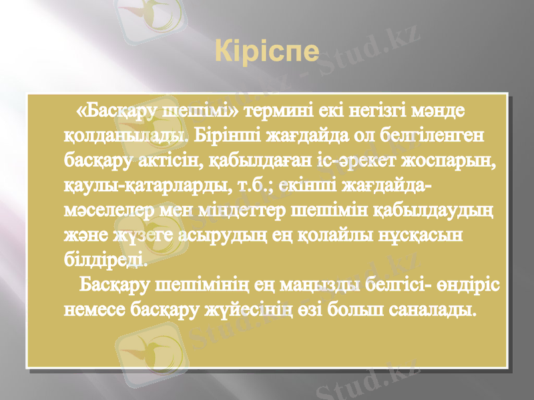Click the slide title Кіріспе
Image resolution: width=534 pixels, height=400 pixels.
tap(268, 51)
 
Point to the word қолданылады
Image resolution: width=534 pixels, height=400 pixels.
tap(127, 135)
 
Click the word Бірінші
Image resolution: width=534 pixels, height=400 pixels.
tap(230, 135)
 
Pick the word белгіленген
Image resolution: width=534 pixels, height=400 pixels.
tap(437, 135)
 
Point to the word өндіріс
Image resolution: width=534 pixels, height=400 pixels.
tap(472, 285)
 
